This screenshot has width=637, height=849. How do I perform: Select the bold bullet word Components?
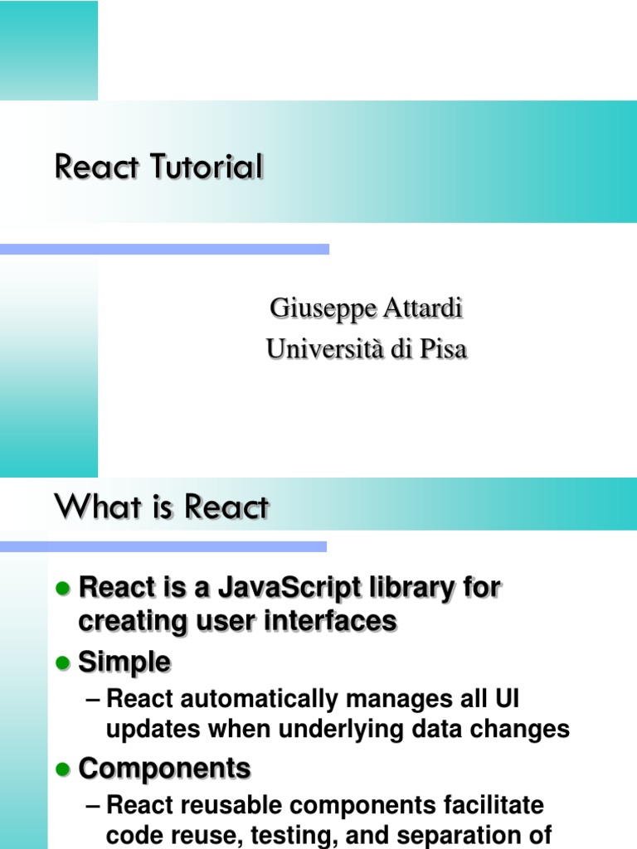tap(164, 769)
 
